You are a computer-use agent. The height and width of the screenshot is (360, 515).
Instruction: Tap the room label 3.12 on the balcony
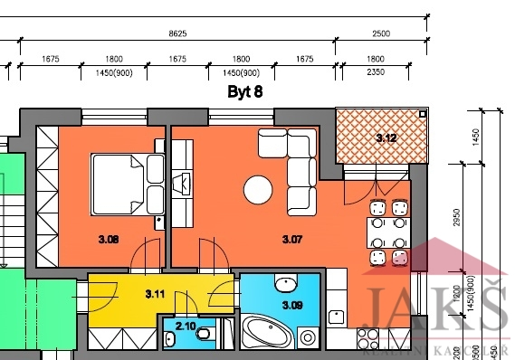[386, 138]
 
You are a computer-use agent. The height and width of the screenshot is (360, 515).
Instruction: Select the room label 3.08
[110, 240]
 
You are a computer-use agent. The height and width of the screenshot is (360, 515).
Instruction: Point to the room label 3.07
[292, 240]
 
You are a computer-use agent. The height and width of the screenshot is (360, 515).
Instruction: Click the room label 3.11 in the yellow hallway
[156, 293]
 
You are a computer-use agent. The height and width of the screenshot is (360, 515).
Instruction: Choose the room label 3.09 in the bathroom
[291, 305]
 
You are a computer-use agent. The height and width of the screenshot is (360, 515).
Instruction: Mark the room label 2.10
[186, 326]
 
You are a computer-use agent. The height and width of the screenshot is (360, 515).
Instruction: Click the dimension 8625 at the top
[178, 33]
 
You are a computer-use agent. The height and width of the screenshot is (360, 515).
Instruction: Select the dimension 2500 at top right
[380, 33]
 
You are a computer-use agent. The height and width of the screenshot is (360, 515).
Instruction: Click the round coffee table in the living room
[258, 190]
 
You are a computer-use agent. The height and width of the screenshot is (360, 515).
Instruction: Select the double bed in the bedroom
[127, 184]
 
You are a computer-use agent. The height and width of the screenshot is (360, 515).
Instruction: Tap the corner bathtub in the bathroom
[268, 333]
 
